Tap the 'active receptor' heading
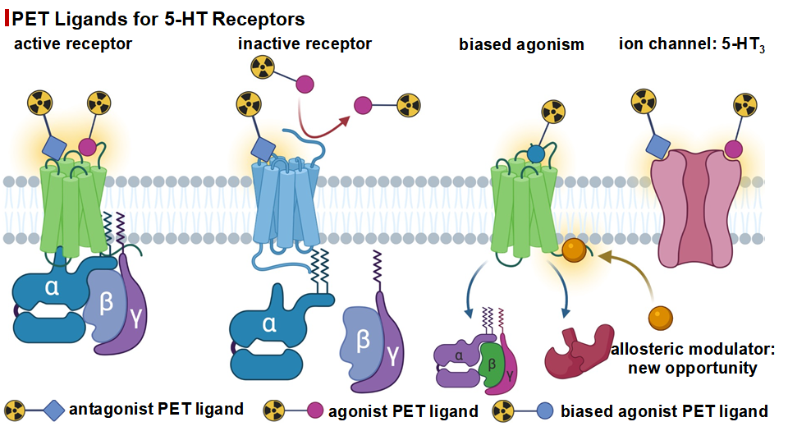tap(73, 44)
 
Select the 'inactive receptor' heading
tap(305, 44)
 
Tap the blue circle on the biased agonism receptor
tap(536, 153)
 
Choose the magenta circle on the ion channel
tap(733, 149)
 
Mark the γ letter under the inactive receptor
tap(393, 354)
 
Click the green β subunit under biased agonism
tap(491, 361)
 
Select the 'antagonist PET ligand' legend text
tap(156, 409)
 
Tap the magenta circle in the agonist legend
tap(313, 410)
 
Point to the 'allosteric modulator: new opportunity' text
tap(693, 359)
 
